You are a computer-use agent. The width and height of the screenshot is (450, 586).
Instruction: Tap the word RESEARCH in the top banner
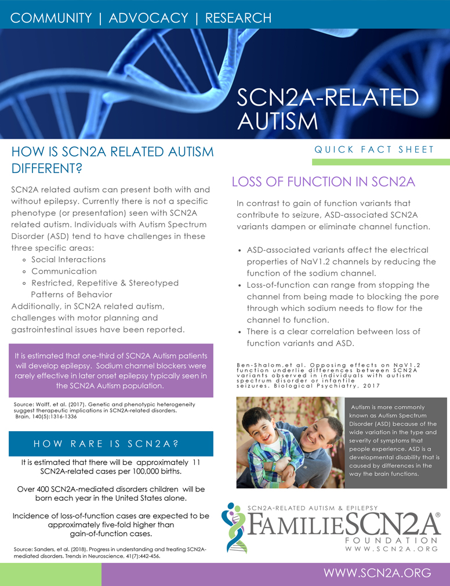coord(238,17)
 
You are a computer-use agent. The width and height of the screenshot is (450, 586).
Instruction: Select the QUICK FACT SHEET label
coord(374,150)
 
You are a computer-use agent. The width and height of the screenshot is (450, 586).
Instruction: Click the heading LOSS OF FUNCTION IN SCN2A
coord(324,182)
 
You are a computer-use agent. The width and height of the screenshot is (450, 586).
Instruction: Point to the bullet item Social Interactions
coord(68,259)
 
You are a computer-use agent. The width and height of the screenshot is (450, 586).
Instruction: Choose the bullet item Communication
coord(64,271)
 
